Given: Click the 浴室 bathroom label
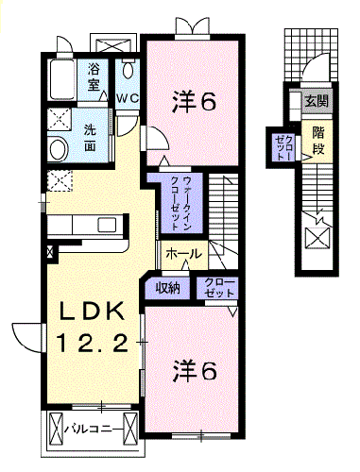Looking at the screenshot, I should [94, 76].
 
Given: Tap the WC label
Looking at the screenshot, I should [129, 98].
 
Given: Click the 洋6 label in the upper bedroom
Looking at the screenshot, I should [194, 101].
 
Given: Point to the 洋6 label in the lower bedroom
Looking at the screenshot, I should [194, 370].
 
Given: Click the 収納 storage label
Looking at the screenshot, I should [167, 288].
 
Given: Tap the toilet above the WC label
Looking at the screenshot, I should [129, 74].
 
